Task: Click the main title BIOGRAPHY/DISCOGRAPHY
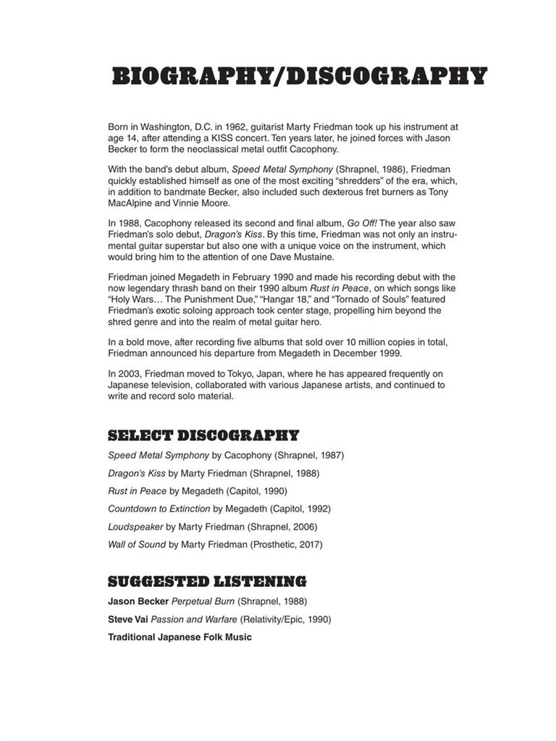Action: click(299, 77)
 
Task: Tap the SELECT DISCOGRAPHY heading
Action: click(203, 436)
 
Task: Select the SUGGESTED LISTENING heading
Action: click(207, 582)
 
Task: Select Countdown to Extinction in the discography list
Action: click(159, 509)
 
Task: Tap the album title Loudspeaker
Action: click(135, 527)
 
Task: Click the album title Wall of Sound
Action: click(137, 544)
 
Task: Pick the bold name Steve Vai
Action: click(129, 619)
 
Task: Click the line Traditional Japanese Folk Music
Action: click(180, 638)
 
